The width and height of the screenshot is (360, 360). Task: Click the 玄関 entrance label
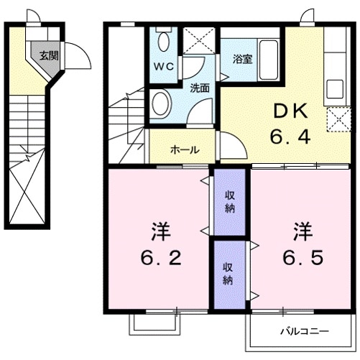point(48,55)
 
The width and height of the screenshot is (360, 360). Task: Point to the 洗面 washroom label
point(200,88)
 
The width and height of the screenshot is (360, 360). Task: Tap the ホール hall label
point(185,150)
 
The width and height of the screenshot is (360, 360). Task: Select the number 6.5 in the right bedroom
point(301,257)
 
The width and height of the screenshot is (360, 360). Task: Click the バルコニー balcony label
point(305,332)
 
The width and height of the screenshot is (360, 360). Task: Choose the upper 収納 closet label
point(230,202)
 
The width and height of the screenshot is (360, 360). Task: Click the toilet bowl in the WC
point(164,41)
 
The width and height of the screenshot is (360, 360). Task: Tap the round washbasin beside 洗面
point(160,103)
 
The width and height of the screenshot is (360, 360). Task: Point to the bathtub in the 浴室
point(269,52)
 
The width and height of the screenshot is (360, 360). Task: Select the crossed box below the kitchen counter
point(336,119)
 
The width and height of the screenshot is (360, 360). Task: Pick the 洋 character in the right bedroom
point(301,231)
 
